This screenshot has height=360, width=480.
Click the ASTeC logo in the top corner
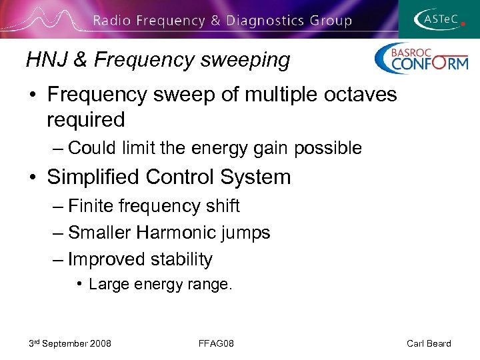pos(438,19)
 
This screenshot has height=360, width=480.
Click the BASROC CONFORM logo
pos(421,59)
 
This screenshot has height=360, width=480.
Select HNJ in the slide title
pos(45,60)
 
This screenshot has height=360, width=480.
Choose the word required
pos(85,120)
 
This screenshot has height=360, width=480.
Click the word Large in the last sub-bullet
pos(109,285)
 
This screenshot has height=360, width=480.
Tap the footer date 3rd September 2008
pos(70,343)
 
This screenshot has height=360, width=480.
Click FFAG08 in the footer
pos(216,343)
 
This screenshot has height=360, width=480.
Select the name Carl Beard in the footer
pos(429,343)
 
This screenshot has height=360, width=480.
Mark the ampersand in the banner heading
pos(214,21)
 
